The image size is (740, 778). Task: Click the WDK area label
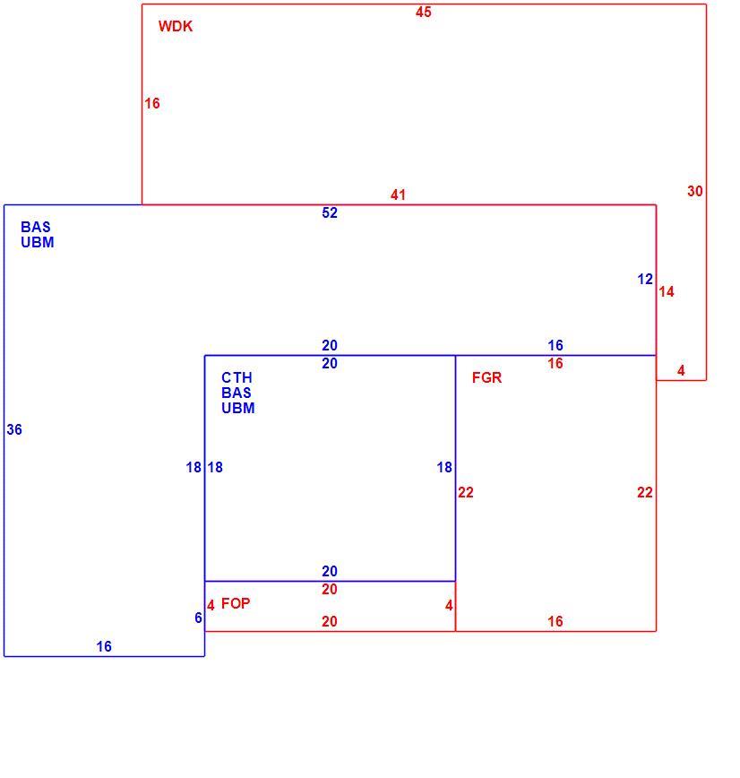click(x=175, y=26)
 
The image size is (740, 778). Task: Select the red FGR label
click(x=486, y=377)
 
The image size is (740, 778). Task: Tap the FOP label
click(x=236, y=603)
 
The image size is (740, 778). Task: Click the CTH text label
click(x=237, y=377)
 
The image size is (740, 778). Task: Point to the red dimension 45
click(x=424, y=12)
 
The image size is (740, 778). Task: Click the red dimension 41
click(x=398, y=194)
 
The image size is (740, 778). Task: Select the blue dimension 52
click(x=330, y=212)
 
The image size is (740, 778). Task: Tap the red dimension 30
click(x=695, y=191)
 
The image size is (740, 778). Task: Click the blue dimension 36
click(x=14, y=429)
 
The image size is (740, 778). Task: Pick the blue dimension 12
click(x=645, y=280)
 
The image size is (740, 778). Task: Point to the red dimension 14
click(x=667, y=292)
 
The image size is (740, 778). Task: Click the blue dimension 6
click(x=198, y=618)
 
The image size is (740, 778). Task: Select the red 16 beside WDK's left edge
click(x=151, y=103)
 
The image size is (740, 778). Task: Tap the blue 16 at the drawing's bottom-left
click(x=104, y=646)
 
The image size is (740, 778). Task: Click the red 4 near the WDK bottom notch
click(x=681, y=371)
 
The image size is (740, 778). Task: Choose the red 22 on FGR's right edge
click(x=645, y=493)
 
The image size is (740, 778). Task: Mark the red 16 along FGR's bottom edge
click(x=555, y=622)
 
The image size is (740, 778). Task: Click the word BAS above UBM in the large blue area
click(x=36, y=227)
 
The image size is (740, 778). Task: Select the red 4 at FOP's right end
click(x=449, y=605)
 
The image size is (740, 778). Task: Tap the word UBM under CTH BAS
click(x=238, y=408)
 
